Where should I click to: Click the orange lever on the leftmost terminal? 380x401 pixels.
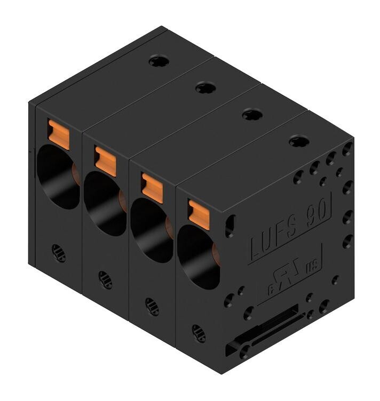pos(59,134)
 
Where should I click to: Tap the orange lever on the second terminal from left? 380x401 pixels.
pos(105,161)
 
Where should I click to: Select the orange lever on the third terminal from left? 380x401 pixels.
pos(152,187)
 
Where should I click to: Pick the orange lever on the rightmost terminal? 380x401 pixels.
pos(199,214)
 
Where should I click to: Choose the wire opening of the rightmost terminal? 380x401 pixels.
pos(197,258)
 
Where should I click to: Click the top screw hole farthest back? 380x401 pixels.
pos(159,61)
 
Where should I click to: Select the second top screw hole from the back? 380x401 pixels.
pos(205,87)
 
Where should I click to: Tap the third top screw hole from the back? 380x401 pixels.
pos(252,114)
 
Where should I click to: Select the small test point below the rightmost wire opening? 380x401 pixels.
pos(199,333)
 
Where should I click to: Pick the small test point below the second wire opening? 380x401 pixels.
pos(105,279)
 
